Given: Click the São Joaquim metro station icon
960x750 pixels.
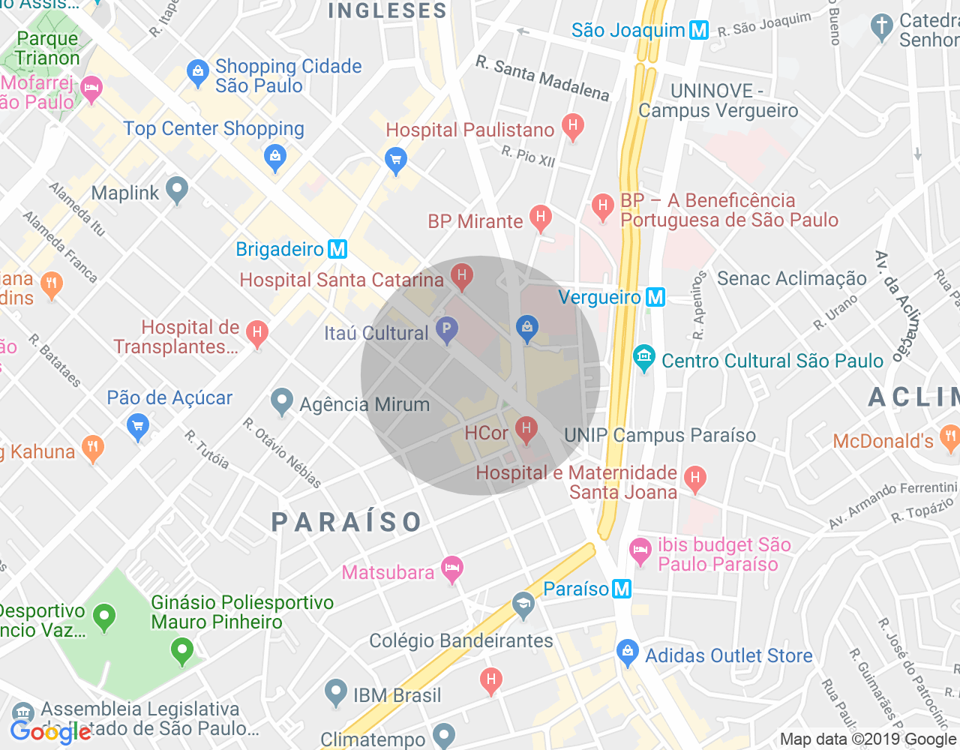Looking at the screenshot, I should [699, 30].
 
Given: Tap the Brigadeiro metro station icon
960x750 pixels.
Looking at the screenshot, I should [337, 249].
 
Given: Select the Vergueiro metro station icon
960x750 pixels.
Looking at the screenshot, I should [655, 297].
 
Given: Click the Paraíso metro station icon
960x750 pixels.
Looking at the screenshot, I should [621, 589].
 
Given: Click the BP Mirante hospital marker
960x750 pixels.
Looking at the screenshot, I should [540, 218].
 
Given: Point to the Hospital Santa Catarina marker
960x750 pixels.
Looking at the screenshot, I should [462, 277].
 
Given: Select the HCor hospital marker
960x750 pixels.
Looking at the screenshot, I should [526, 430].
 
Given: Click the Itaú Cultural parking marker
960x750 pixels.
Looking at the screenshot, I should [447, 330].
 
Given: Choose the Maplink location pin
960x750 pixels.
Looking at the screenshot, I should [177, 190].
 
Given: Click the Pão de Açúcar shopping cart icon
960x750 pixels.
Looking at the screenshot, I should [138, 427].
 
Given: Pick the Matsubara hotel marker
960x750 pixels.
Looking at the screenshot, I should [451, 569].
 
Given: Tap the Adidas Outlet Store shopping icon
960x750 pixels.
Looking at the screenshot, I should [627, 652].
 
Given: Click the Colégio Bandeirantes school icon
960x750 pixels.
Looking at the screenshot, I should [523, 604].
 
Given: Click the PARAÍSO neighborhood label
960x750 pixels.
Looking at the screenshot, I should [346, 522].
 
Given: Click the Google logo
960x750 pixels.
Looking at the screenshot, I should [50, 732].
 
